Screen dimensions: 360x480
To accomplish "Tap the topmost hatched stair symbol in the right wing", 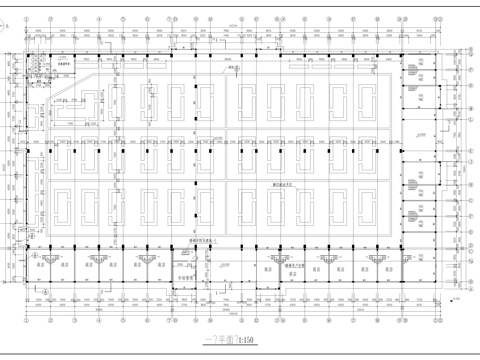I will click(x=412, y=70).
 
